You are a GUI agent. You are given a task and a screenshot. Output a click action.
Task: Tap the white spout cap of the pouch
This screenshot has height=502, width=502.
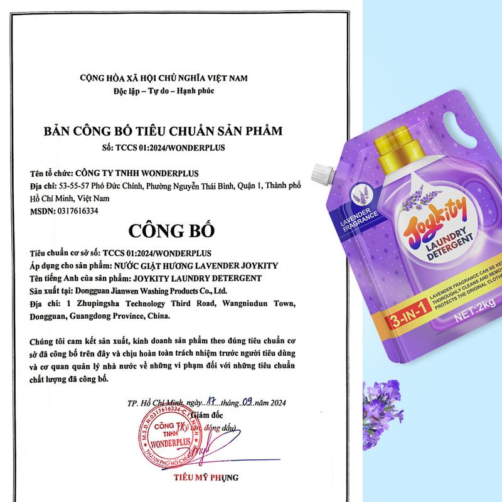(323, 170)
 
